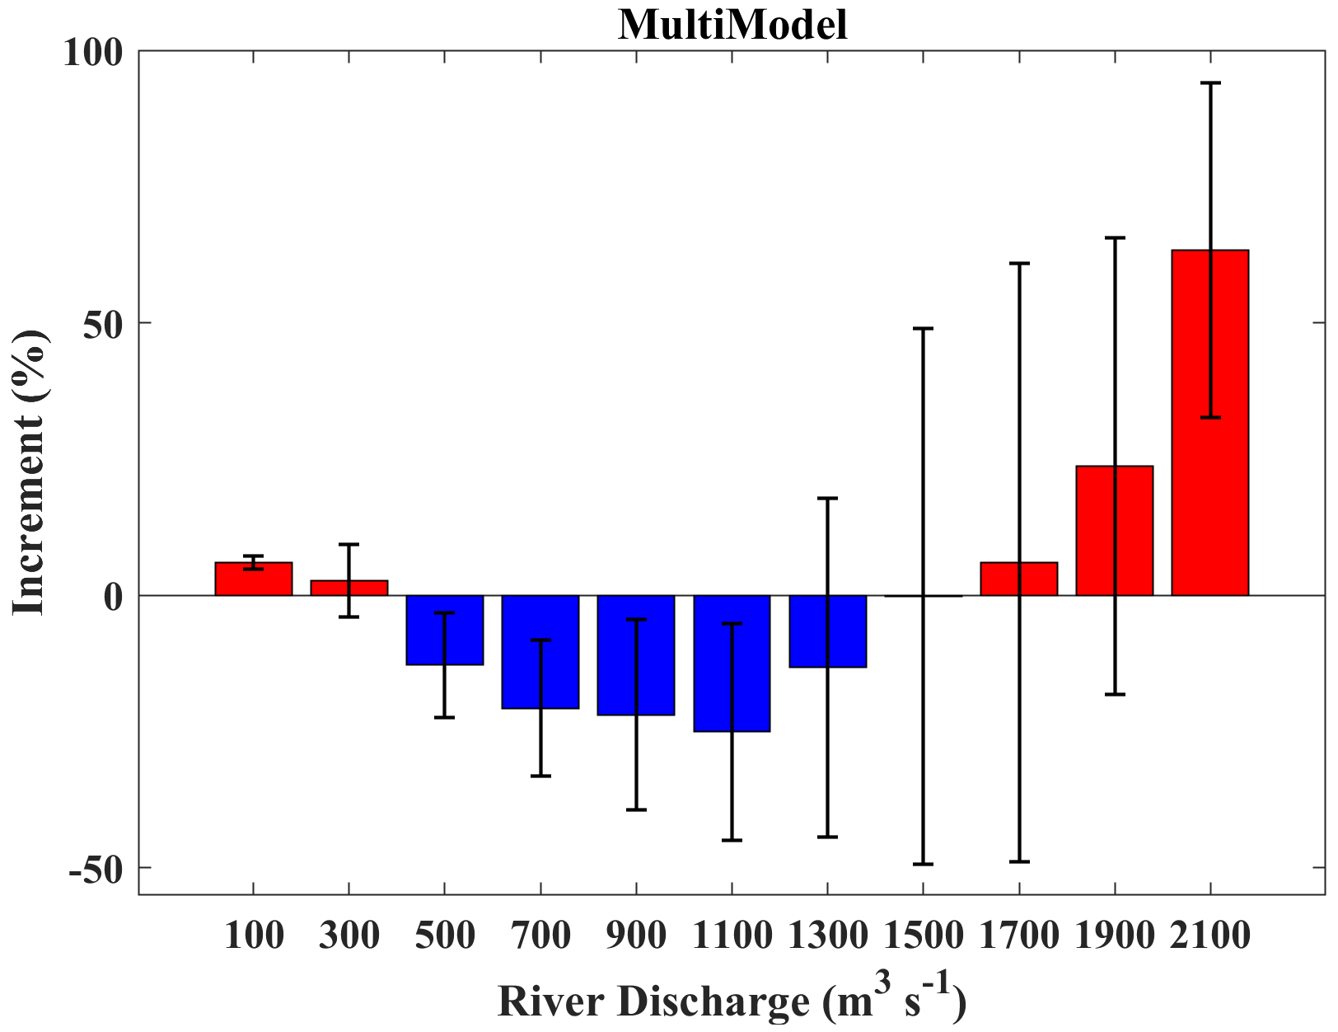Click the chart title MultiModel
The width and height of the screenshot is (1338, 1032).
point(732,25)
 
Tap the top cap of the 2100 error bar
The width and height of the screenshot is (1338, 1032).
point(1209,83)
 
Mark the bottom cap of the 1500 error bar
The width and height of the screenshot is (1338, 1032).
point(923,864)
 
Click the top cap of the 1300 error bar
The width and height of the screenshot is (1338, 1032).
point(827,499)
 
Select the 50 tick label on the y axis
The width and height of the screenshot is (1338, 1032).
point(102,324)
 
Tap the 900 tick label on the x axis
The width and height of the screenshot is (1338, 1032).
point(636,936)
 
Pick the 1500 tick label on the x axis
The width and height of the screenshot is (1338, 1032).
point(923,936)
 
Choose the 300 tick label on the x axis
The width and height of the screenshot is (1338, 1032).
point(349,936)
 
